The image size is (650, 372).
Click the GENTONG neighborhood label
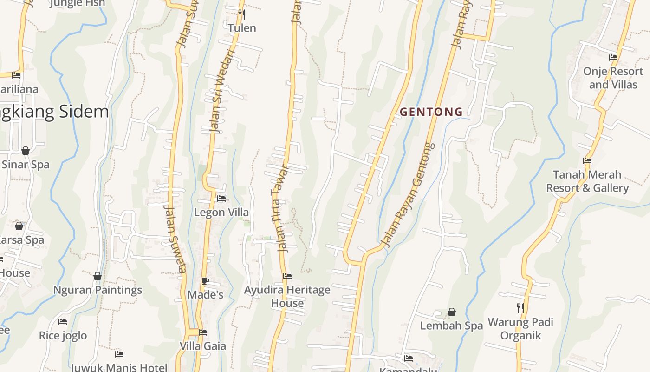coord(431,112)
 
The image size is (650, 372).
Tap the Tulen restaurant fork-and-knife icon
coord(241,14)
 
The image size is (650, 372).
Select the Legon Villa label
coord(221,213)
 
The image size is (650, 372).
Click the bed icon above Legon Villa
coord(221,199)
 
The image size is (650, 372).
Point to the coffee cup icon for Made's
coord(205,281)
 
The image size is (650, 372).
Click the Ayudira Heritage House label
coord(287,297)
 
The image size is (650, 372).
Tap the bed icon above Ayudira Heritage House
coord(287,276)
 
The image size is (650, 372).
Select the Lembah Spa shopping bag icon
coord(451,312)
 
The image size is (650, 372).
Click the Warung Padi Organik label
coord(520,329)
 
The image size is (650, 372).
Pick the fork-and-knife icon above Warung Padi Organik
coord(520,308)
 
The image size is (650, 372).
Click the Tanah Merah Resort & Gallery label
coord(587,181)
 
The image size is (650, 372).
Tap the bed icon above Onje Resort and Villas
coord(613,58)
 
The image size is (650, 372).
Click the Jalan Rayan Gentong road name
coord(408,195)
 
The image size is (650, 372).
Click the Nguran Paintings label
coord(97,290)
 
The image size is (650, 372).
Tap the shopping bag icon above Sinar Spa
coord(26,151)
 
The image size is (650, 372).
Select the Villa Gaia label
coord(203,346)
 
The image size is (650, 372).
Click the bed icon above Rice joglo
coord(63,322)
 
